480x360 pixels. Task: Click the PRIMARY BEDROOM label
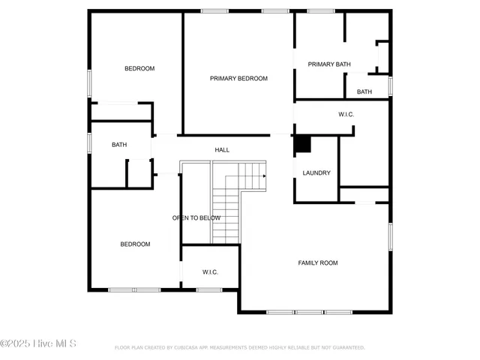238,78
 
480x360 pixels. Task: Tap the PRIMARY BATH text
329,64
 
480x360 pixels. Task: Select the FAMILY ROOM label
318,262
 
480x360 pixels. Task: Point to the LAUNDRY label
316,173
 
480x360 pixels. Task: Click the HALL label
222,150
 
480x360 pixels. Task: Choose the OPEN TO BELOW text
196,217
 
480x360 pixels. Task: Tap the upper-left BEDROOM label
139,69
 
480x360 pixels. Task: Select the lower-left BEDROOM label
136,244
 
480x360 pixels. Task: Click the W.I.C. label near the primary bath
346,114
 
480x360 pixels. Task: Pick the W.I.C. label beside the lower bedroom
210,271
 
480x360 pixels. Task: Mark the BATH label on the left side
119,145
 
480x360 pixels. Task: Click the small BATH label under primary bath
364,91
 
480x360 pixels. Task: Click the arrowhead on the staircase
263,176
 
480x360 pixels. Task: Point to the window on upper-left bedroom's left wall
89,82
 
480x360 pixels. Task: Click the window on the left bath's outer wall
89,142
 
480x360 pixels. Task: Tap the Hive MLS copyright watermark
38,343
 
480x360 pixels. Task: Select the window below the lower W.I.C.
209,289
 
